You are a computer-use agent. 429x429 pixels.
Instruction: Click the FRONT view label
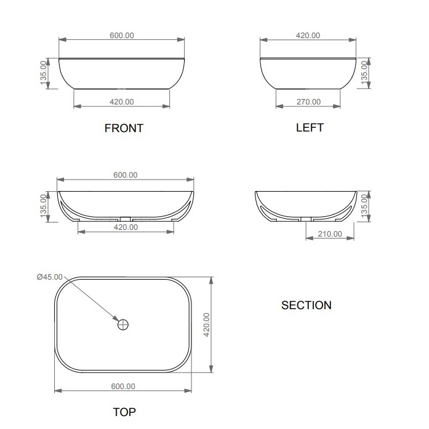click(124, 128)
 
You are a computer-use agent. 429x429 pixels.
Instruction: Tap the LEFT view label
click(310, 127)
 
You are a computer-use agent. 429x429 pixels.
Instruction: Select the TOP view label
click(124, 412)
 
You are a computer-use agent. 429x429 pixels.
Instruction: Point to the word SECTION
click(307, 305)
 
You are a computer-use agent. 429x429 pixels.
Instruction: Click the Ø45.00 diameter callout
click(50, 277)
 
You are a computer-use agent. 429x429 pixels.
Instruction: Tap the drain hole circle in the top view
click(123, 325)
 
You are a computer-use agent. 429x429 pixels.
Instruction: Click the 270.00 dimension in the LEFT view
click(308, 102)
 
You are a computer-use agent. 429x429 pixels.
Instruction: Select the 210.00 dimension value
click(330, 234)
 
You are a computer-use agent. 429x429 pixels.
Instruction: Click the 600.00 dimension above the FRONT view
click(122, 35)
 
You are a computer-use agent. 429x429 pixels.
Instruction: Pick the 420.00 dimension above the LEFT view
click(308, 35)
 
